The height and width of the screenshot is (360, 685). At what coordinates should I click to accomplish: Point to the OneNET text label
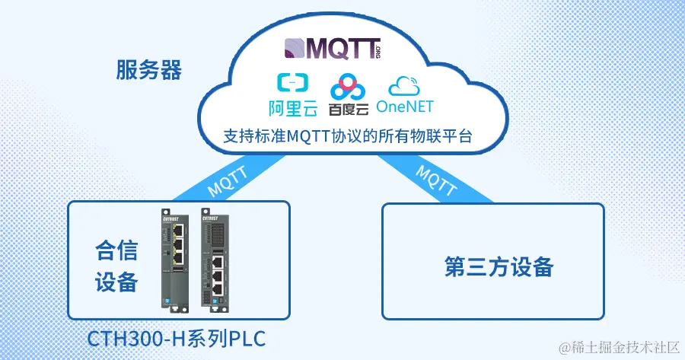(x=410, y=106)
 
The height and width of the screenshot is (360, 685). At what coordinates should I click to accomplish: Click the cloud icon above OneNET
(x=409, y=84)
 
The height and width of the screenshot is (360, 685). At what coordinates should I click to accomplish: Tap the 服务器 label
(x=149, y=71)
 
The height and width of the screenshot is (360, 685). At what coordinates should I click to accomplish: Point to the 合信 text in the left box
(x=116, y=250)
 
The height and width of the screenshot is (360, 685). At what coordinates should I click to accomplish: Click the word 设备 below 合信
(x=116, y=282)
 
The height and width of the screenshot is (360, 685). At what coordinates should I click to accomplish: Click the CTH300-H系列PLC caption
(x=177, y=338)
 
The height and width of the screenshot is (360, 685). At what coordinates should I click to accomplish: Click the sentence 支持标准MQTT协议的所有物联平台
(x=348, y=138)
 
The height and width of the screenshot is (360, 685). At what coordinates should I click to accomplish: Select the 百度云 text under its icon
(x=349, y=109)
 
